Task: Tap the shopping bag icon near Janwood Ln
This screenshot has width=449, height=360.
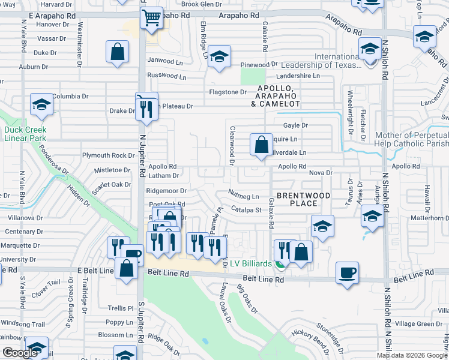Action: (117, 52)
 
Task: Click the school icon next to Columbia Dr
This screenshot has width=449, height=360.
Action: (41, 104)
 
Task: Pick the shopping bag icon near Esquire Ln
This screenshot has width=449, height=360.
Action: (261, 145)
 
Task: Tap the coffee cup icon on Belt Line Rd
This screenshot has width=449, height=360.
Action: (348, 274)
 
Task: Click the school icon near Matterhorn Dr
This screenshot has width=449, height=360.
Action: (372, 216)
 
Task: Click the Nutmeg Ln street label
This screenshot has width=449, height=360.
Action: (243, 196)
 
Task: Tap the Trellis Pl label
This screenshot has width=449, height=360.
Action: (120, 308)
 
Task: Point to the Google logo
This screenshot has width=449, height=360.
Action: (20, 353)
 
